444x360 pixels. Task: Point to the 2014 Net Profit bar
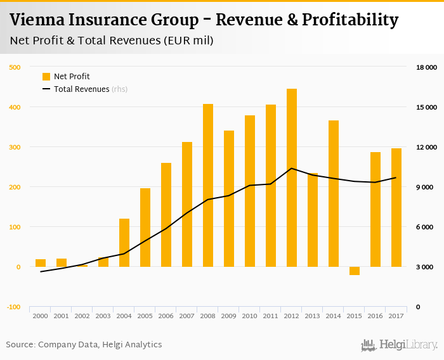[334, 193]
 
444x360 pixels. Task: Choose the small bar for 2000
[41, 263]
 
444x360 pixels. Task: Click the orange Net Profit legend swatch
[46, 77]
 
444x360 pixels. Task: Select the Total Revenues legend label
[82, 89]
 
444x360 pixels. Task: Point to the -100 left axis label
[13, 307]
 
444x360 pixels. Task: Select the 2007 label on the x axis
[187, 316]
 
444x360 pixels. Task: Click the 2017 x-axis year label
[396, 316]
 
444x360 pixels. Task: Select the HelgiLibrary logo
[400, 345]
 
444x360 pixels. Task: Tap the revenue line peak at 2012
[292, 168]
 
